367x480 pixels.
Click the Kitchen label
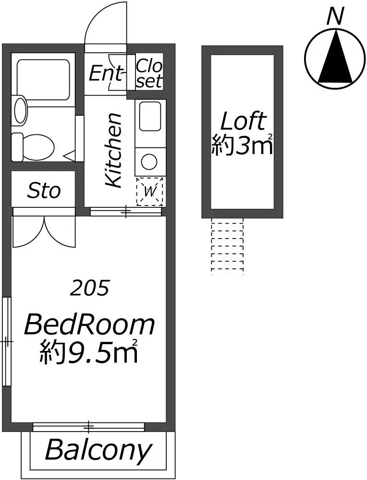pyautogui.click(x=113, y=150)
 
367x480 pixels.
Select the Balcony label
pyautogui.click(x=98, y=450)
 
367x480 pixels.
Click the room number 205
pyautogui.click(x=89, y=288)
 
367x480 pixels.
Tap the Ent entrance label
pyautogui.click(x=105, y=73)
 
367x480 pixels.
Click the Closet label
pyautogui.click(x=149, y=73)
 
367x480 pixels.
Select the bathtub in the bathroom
pyautogui.click(x=44, y=80)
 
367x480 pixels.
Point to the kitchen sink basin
pyautogui.click(x=150, y=117)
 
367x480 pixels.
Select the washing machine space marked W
pyautogui.click(x=149, y=192)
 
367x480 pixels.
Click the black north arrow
pyautogui.click(x=336, y=57)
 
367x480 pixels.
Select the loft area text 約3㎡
pyautogui.click(x=242, y=145)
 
